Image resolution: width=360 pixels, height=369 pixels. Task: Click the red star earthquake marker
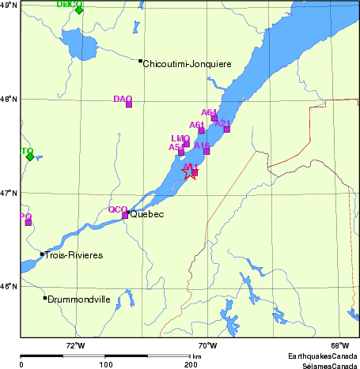pos(190,172)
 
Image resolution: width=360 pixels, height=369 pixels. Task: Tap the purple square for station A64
pos(214,119)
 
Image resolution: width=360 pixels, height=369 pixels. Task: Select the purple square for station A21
pos(227,129)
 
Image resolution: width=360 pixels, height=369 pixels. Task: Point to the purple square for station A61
pos(202,130)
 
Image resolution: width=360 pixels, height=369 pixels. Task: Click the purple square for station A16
pos(207,151)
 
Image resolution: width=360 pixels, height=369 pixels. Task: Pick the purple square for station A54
pos(181,152)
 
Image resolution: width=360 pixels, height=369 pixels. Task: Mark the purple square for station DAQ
pos(129,104)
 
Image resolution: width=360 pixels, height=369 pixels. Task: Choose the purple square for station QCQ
pos(125,215)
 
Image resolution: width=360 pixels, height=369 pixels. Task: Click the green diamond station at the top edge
pos(79,10)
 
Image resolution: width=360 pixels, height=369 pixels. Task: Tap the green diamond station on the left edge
pos(30,156)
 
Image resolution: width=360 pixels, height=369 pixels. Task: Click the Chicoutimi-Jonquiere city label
pos(187,64)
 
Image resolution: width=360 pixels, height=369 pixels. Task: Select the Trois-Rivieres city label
pos(74,255)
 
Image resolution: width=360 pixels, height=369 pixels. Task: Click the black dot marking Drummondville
pos(45,298)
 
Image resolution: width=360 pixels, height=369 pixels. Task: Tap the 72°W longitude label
pos(75,345)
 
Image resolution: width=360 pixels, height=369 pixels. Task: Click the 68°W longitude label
pos(339,345)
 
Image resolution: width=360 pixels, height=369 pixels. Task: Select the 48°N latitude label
pos(9,100)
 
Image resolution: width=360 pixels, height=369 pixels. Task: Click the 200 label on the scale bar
pos(190,364)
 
